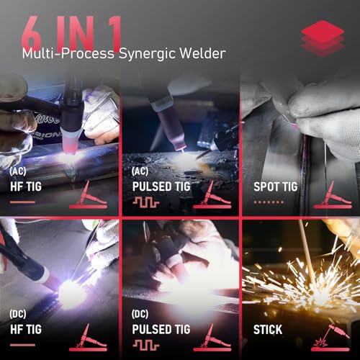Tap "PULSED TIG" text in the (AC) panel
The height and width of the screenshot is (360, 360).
[x=162, y=186]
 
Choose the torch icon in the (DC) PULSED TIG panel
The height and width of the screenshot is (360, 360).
[x=213, y=336]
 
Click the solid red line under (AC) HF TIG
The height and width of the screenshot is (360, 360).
[x=22, y=202]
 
